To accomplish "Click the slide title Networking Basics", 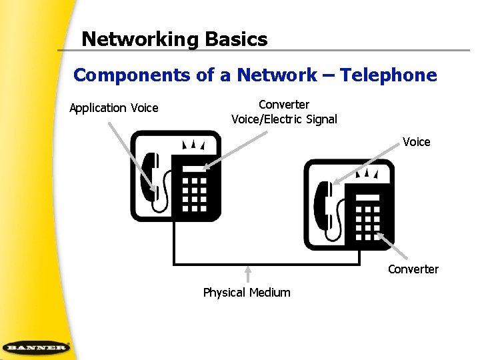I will [x=174, y=39].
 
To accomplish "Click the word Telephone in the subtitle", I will [x=389, y=75].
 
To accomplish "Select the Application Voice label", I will [x=114, y=108].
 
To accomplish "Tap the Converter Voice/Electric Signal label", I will [x=284, y=112].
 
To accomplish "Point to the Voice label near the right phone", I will [x=416, y=142].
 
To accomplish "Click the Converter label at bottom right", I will [x=413, y=269].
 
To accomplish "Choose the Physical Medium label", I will [x=247, y=293].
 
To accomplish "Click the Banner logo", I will [x=36, y=347].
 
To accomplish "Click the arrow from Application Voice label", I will [x=133, y=157].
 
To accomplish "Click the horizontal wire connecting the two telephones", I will [x=267, y=263].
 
